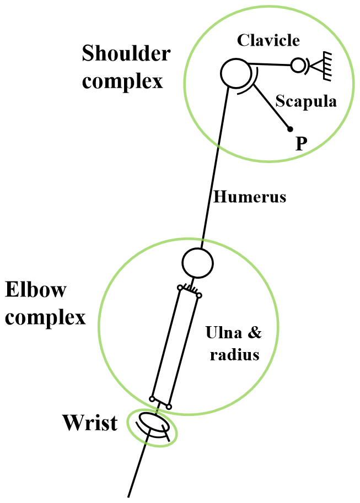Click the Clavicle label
pyautogui.click(x=268, y=40)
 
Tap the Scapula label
pyautogui.click(x=305, y=102)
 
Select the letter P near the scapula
pyautogui.click(x=300, y=144)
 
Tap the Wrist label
pyautogui.click(x=90, y=423)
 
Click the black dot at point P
pyautogui.click(x=289, y=130)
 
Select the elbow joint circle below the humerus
pyautogui.click(x=197, y=263)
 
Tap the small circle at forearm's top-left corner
pyautogui.click(x=180, y=288)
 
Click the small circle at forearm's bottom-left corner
pyautogui.click(x=152, y=398)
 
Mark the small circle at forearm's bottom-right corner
pyautogui.click(x=169, y=407)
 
